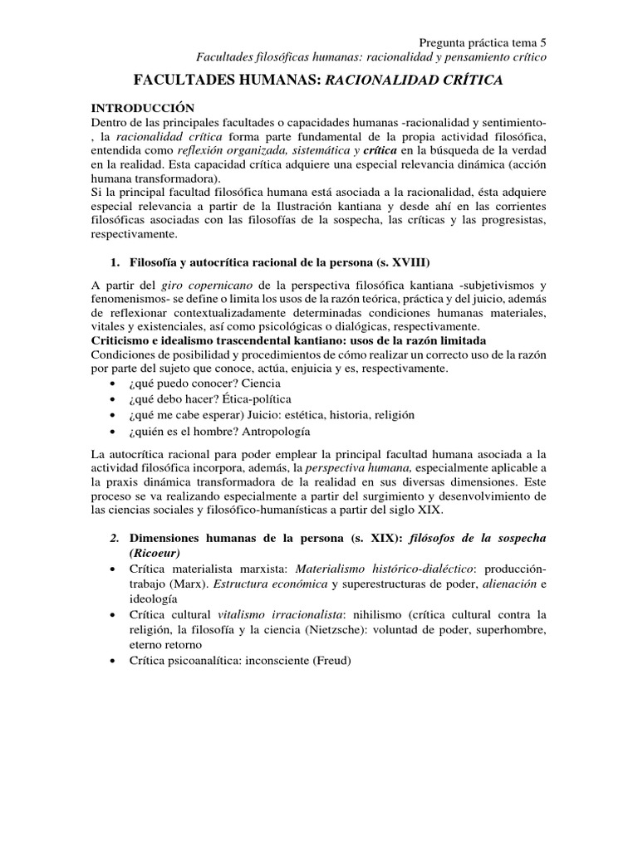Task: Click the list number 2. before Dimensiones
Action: (115, 537)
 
